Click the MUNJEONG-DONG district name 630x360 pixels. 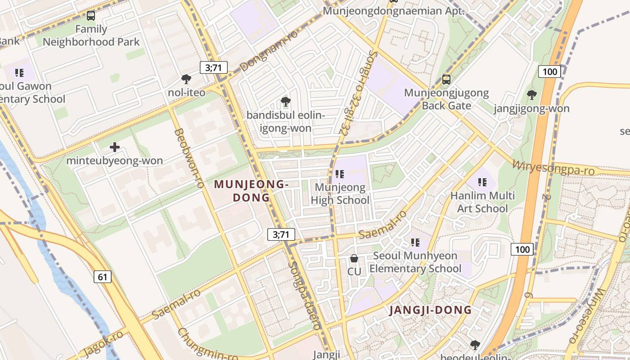pyautogui.click(x=251, y=191)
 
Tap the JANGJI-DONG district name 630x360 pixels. pyautogui.click(x=430, y=310)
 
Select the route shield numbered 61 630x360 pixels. pyautogui.click(x=103, y=276)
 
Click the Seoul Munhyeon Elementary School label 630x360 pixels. pyautogui.click(x=415, y=262)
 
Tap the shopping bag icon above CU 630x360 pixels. pyautogui.click(x=354, y=258)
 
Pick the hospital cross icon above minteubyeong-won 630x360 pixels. pyautogui.click(x=115, y=147)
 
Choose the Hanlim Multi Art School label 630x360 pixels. pyautogui.click(x=482, y=202)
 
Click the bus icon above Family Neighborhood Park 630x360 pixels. pyautogui.click(x=91, y=16)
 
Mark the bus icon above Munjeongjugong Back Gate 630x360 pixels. pyautogui.click(x=446, y=80)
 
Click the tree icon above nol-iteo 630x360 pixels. pyautogui.click(x=186, y=79)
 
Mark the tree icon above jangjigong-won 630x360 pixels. pyautogui.click(x=531, y=95)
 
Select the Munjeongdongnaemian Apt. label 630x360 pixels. pyautogui.click(x=394, y=11)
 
